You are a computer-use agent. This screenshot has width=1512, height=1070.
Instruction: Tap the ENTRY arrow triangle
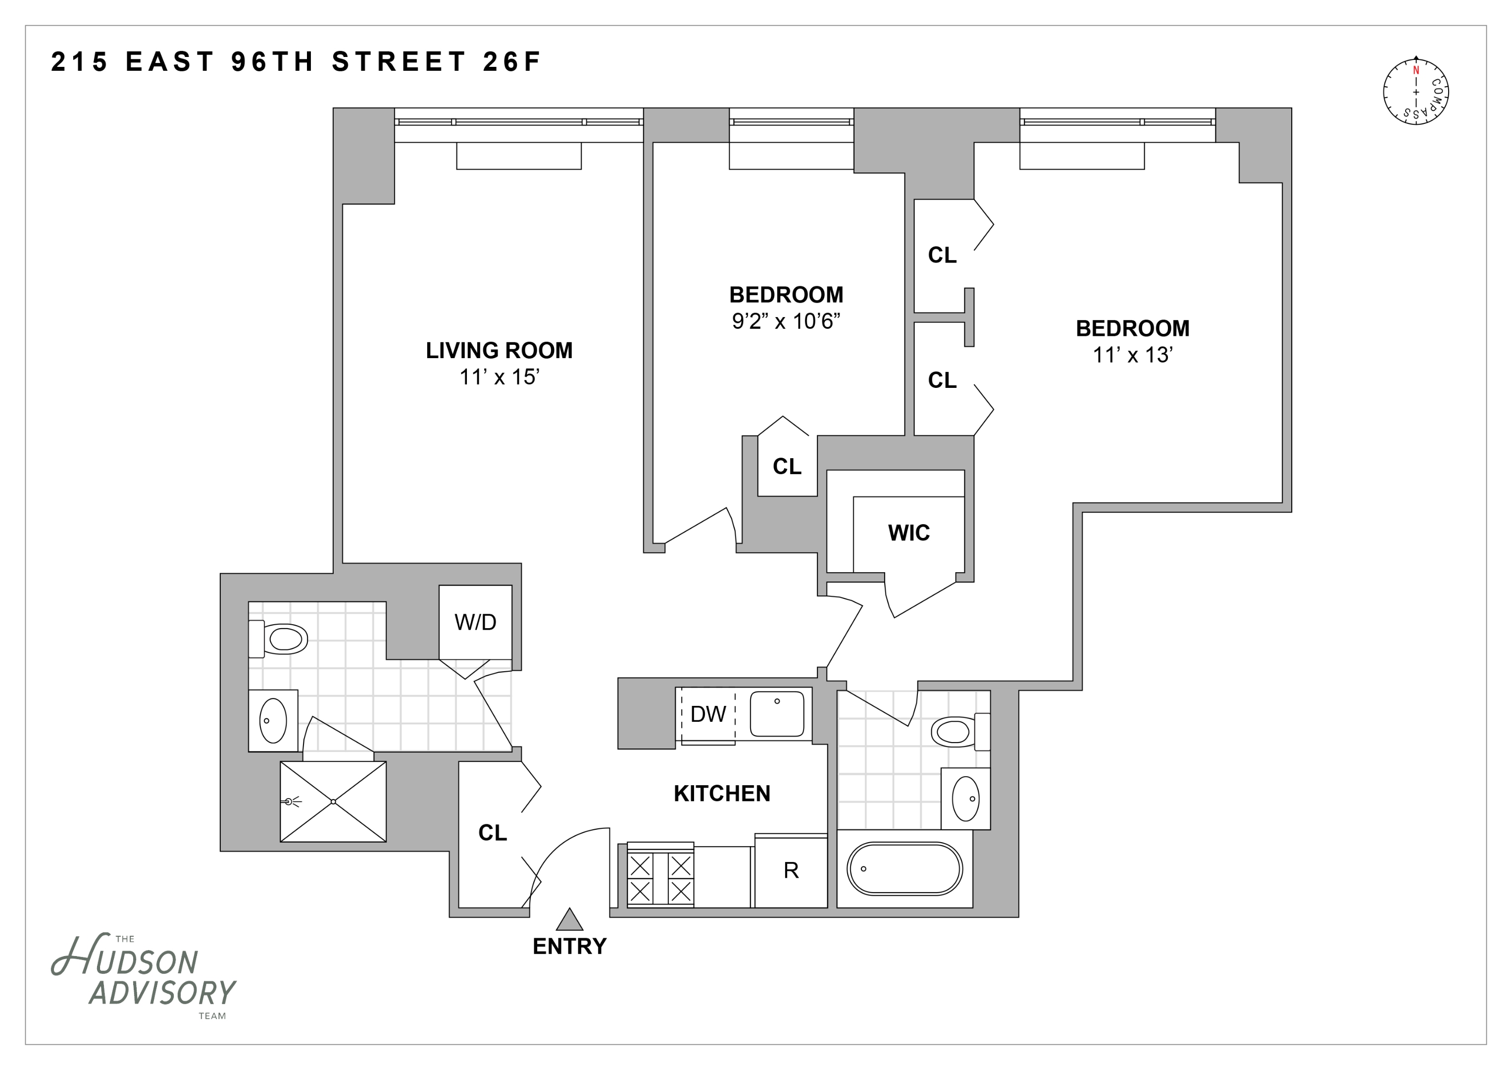point(570,920)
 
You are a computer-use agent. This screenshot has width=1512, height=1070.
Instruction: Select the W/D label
point(475,622)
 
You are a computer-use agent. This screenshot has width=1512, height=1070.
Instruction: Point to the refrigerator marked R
point(791,871)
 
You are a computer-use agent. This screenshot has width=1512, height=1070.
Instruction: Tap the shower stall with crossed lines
point(333,802)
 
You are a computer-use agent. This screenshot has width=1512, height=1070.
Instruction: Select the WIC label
point(909,533)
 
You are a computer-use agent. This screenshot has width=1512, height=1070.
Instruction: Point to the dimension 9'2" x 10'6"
point(786,321)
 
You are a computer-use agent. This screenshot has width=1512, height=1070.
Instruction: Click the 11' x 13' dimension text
point(1133,355)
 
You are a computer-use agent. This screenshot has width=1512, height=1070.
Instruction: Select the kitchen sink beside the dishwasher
point(777,713)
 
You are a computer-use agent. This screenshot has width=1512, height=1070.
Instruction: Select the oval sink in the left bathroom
point(273,721)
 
